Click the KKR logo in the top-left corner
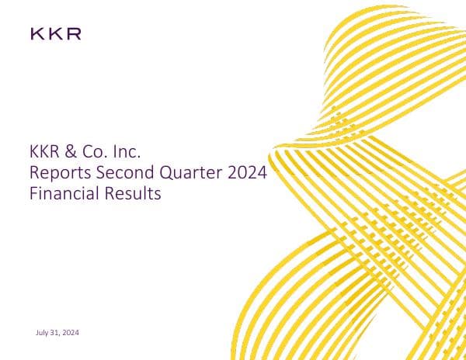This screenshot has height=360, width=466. click(55, 33)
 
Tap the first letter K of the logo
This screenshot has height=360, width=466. click(37, 33)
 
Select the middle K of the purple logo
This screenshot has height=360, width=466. click(54, 33)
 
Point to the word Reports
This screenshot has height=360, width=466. click(55, 173)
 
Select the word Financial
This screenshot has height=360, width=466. click(64, 194)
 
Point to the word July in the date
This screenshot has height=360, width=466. click(43, 333)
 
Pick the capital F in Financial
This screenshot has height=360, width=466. click(32, 194)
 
